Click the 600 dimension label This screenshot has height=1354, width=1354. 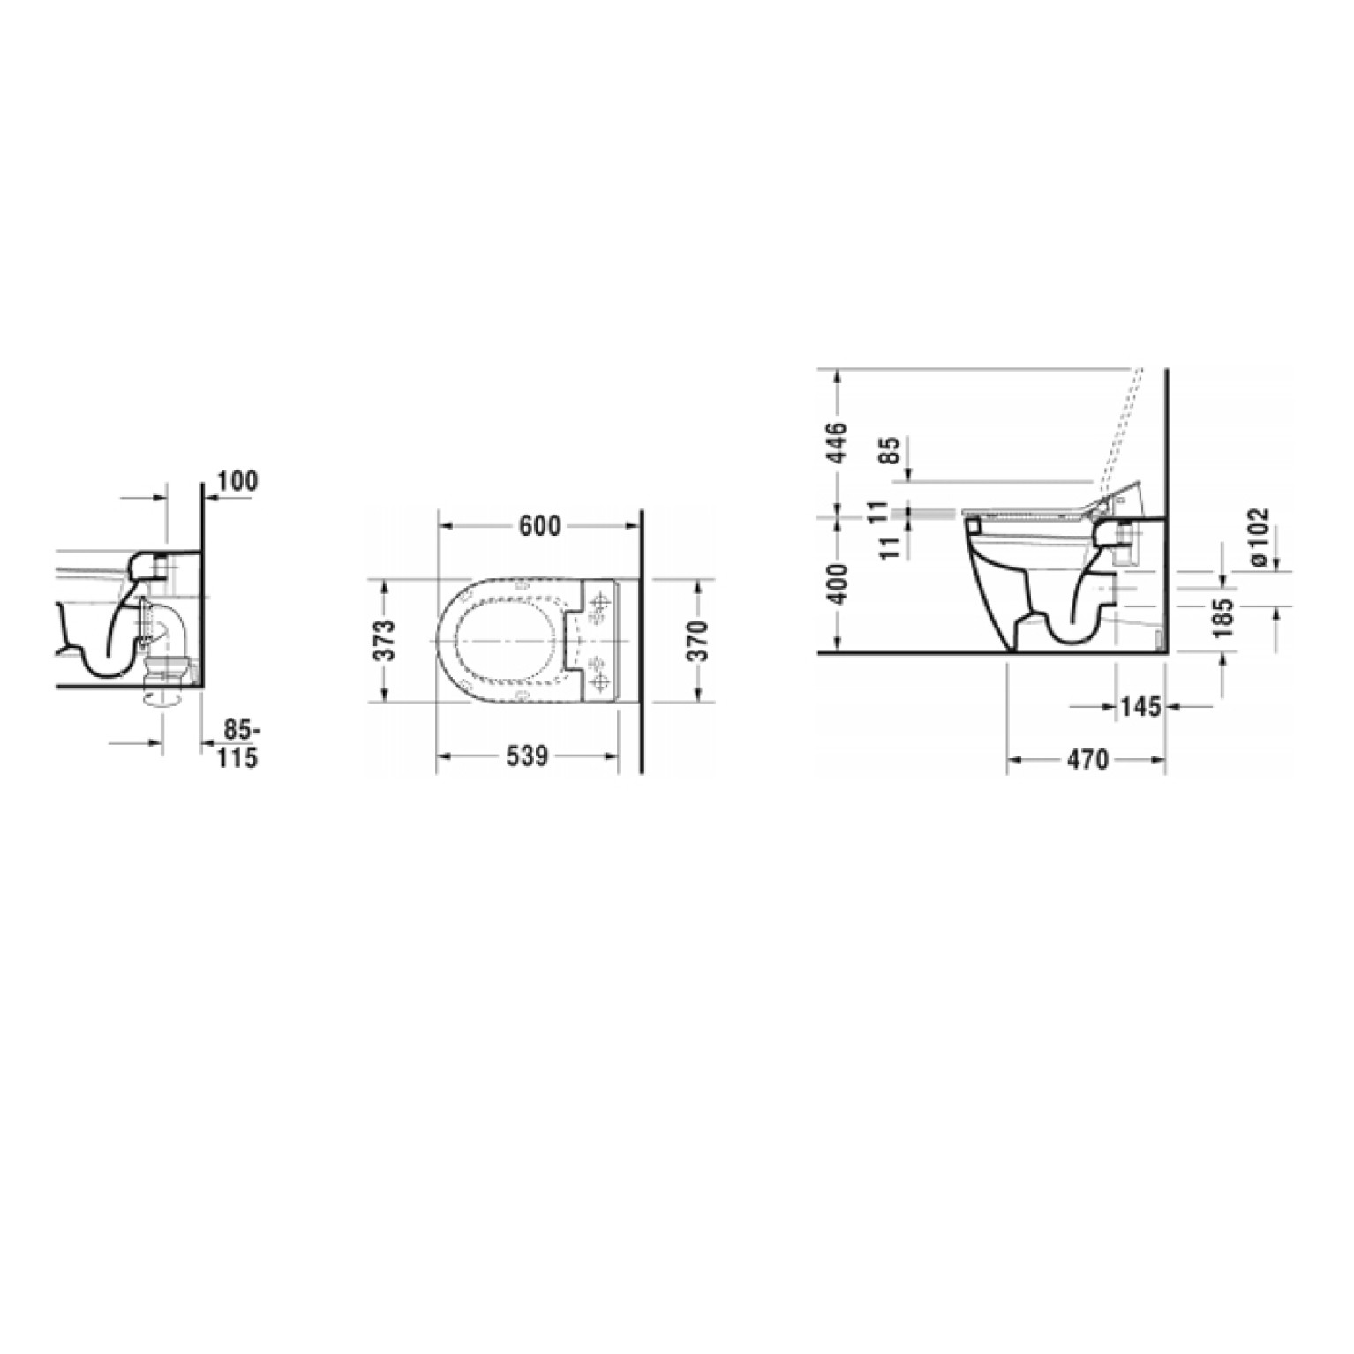click(x=539, y=525)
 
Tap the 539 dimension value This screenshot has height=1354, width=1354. click(x=527, y=756)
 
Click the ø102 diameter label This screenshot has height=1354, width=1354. click(x=1260, y=537)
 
